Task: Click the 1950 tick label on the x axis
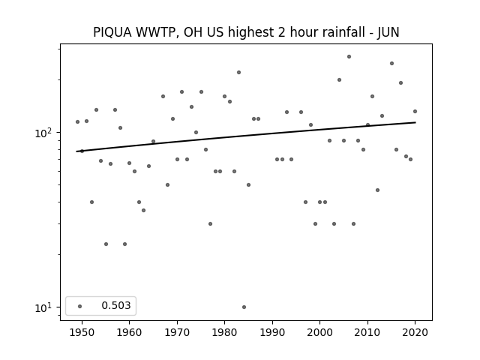pos(82,332)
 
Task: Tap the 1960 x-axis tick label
pos(129,332)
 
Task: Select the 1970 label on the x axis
pos(177,332)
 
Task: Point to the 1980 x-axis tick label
pos(224,332)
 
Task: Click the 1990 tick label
pos(272,332)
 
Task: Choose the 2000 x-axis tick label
pos(319,332)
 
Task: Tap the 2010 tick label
pos(367,332)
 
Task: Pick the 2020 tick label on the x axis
pos(415,332)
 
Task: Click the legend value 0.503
pos(116,305)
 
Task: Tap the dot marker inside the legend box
pos(80,306)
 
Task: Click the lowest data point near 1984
pos(244,307)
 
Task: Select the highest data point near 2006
pos(349,57)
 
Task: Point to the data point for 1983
pos(238,73)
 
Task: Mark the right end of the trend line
pos(415,122)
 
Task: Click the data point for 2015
pos(391,63)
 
